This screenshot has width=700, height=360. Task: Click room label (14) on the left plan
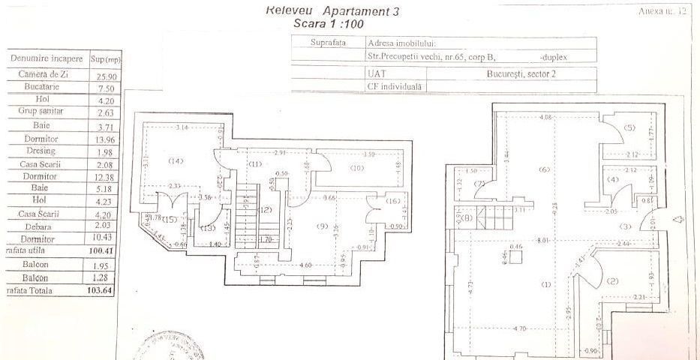coord(176,160)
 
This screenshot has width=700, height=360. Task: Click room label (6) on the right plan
coord(545,169)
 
